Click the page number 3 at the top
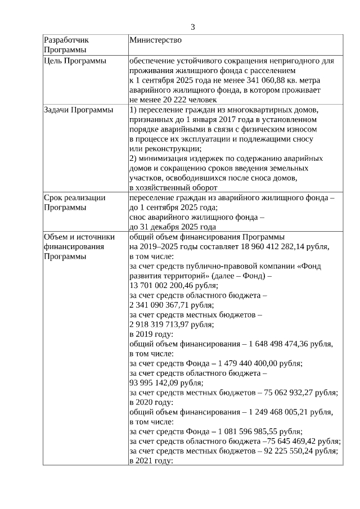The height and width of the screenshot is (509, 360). coord(192,27)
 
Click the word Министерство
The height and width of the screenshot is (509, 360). coord(155,40)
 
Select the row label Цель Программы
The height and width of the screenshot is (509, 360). coord(75,61)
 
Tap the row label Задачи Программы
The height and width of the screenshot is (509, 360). coord(78,109)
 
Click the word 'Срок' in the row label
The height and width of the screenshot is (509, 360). coord(53,197)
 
